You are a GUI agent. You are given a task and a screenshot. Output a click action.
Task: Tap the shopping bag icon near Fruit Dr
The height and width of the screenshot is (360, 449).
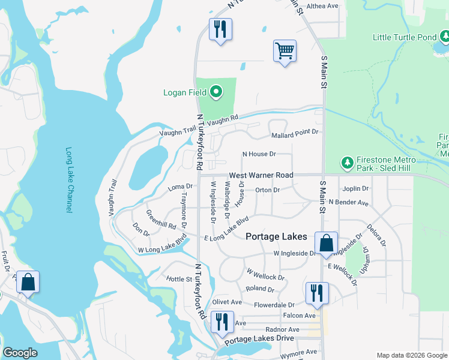(x=28, y=281)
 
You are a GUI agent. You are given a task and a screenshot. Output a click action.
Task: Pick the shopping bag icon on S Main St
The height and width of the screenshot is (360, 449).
(x=326, y=243)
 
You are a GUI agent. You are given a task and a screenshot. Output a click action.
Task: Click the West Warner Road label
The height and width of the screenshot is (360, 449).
(x=261, y=175)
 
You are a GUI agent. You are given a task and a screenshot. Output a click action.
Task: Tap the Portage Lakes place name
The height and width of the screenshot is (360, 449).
(x=277, y=236)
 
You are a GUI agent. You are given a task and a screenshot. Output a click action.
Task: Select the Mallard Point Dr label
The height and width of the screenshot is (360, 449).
(x=294, y=132)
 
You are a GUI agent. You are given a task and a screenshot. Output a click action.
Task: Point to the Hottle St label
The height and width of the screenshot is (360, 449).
(x=178, y=279)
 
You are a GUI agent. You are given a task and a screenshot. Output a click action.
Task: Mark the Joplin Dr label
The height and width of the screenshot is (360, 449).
(x=355, y=188)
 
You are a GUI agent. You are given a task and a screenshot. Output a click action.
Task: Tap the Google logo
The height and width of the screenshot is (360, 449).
(x=20, y=353)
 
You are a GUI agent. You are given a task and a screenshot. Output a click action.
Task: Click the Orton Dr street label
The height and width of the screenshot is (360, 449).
(x=268, y=190)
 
